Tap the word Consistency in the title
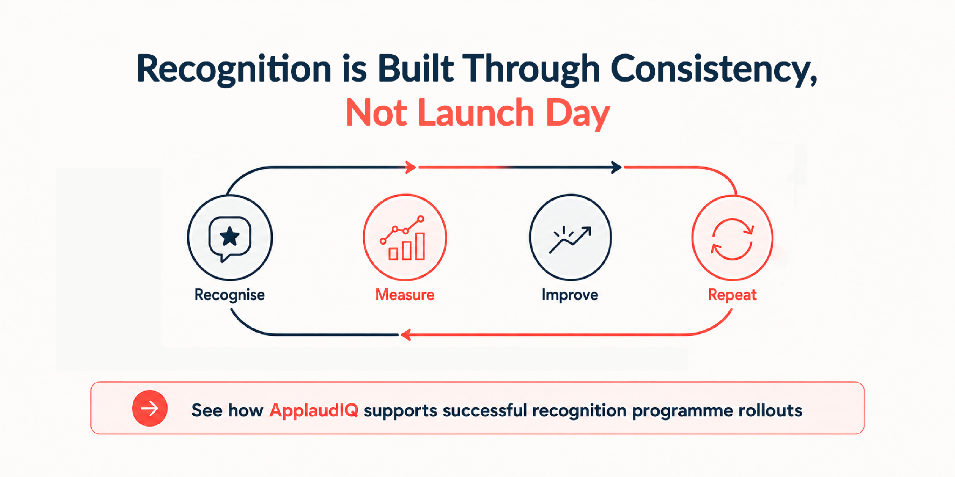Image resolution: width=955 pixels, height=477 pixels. click(x=714, y=69)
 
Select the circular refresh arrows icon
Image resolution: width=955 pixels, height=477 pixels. click(x=732, y=239)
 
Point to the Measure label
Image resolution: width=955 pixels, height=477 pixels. click(x=405, y=295)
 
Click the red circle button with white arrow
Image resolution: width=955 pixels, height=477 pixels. click(x=150, y=408)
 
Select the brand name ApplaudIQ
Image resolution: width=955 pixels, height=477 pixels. click(x=314, y=410)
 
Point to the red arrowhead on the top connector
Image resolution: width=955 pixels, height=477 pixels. click(x=411, y=167)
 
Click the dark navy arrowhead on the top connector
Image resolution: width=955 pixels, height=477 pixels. click(x=616, y=167)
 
